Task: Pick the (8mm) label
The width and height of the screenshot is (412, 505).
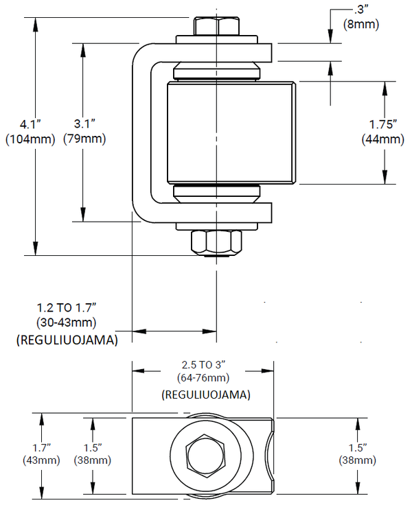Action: click(358, 25)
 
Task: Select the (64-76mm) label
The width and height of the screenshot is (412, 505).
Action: click(205, 377)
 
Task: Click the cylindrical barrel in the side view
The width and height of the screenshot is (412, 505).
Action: click(231, 133)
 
